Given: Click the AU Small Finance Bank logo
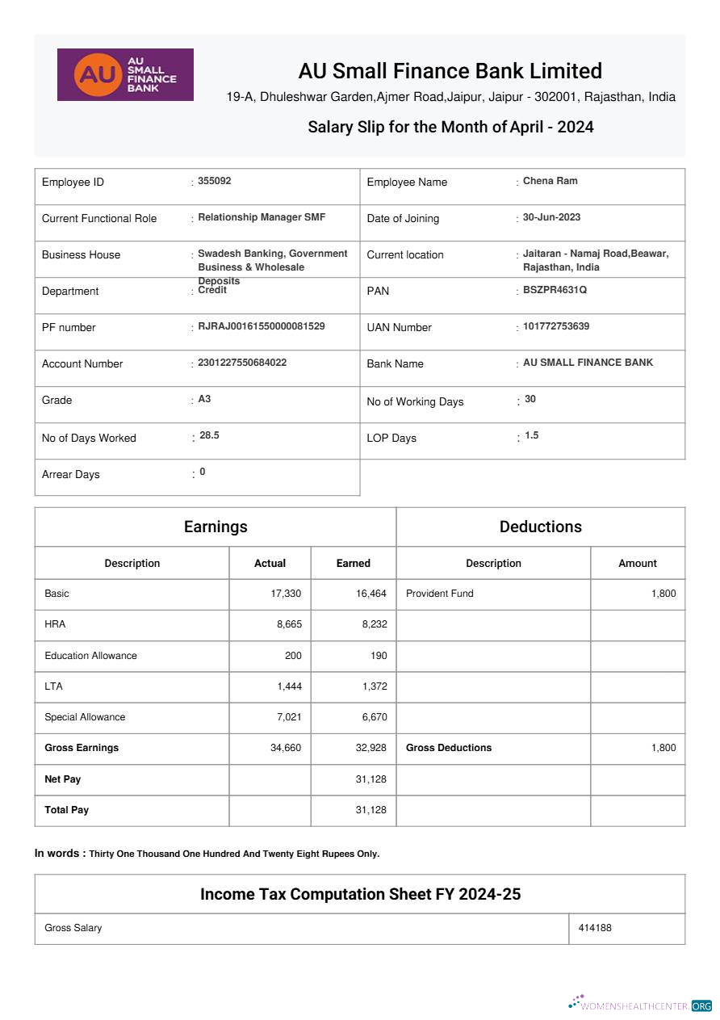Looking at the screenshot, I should [x=125, y=74].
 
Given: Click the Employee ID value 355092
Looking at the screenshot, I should [x=215, y=181].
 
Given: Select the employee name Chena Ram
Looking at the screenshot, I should [x=550, y=181].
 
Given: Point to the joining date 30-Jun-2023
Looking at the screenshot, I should [x=551, y=217].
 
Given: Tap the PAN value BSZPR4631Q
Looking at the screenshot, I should [x=555, y=290].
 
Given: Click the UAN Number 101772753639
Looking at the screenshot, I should [x=556, y=326].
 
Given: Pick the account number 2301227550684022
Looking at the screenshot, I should [x=242, y=363].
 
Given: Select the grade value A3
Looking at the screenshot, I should [x=204, y=399].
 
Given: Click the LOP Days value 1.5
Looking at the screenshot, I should [x=531, y=435].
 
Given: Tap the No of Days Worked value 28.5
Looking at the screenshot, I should [x=209, y=435].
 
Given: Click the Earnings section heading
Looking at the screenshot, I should [x=216, y=527].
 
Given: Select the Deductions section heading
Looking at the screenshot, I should [x=540, y=527].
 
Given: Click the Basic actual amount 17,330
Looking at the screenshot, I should [x=286, y=594].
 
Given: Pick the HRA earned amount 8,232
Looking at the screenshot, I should [x=371, y=624].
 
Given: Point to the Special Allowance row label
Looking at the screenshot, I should [x=85, y=717].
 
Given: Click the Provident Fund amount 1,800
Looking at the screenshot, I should [x=663, y=594].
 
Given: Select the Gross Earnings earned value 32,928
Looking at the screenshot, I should [x=370, y=748].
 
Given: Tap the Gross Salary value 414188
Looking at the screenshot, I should [x=595, y=928].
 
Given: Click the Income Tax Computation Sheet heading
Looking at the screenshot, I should [x=360, y=894].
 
